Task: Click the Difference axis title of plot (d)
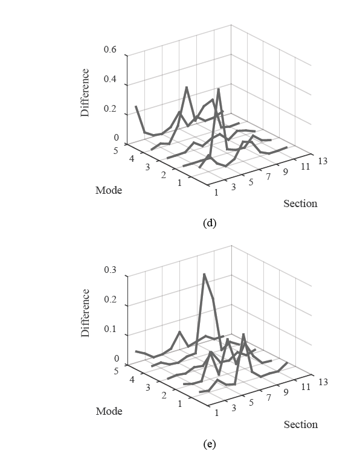pyautogui.click(x=85, y=92)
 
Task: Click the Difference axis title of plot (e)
pyautogui.click(x=85, y=313)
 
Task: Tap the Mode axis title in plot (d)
pyautogui.click(x=109, y=190)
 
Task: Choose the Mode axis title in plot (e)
pyautogui.click(x=109, y=411)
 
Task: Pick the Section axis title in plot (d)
pyautogui.click(x=300, y=203)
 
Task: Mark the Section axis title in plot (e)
pyautogui.click(x=300, y=424)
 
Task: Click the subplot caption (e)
pyautogui.click(x=210, y=444)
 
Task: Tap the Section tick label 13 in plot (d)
pyautogui.click(x=323, y=161)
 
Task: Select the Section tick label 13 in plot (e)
pyautogui.click(x=323, y=382)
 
